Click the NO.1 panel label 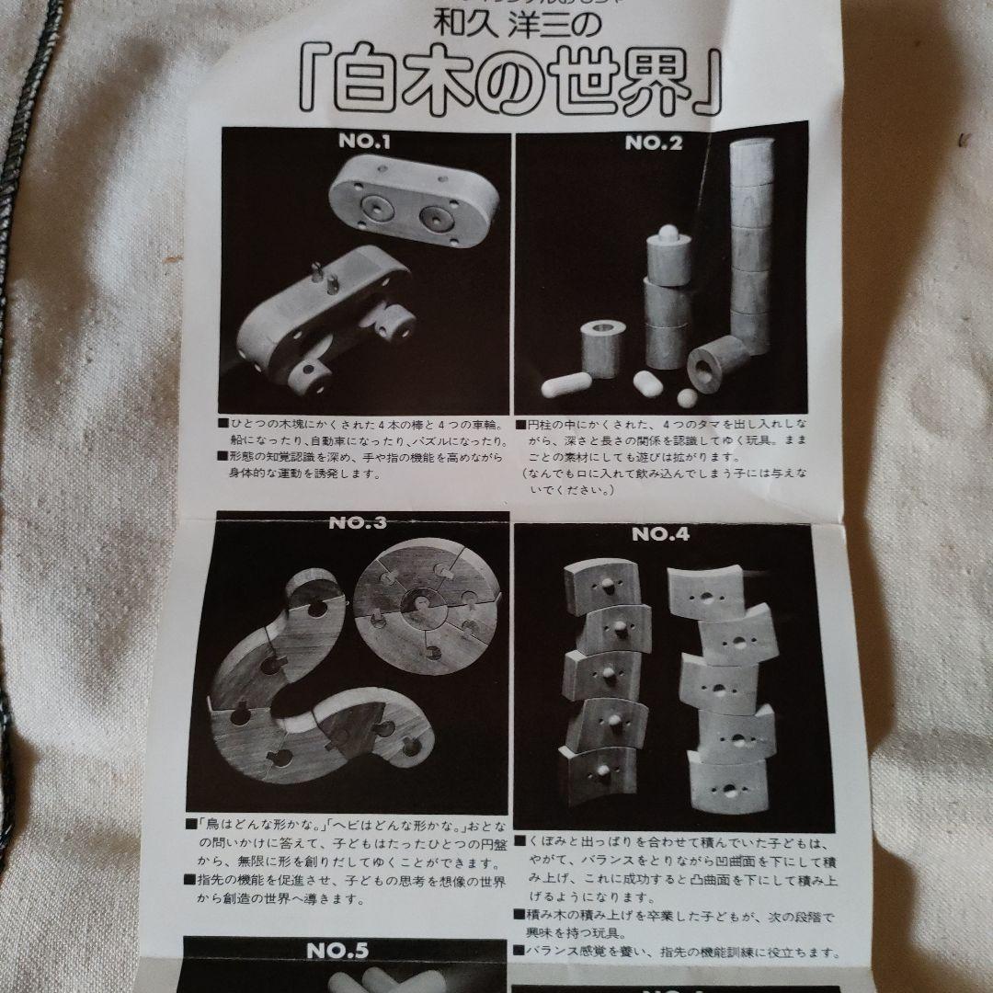click(x=364, y=144)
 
